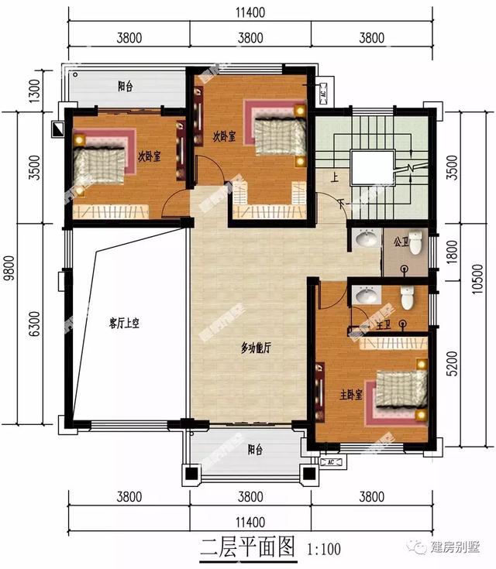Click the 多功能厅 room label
point(255,348)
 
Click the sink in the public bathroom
point(363,242)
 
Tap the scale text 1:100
point(325,550)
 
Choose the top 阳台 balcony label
point(126,87)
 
